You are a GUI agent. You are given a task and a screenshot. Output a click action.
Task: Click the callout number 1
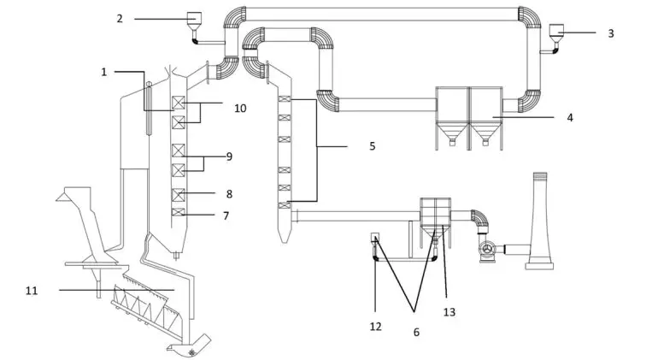(x=104, y=72)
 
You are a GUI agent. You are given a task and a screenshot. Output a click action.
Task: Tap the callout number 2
(x=120, y=19)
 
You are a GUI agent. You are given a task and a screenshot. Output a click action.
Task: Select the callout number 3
(x=611, y=33)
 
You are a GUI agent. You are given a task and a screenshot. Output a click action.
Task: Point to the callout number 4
(x=570, y=118)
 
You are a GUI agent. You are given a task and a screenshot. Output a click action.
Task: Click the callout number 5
(x=373, y=146)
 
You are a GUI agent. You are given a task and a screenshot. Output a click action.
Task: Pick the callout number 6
(x=416, y=333)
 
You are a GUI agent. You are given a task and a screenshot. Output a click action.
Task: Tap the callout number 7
(x=226, y=216)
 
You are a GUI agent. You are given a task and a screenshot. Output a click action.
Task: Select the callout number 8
(x=229, y=194)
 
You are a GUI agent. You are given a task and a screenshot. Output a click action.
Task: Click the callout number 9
(x=229, y=156)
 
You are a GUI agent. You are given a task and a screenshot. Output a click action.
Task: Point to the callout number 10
(x=240, y=109)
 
